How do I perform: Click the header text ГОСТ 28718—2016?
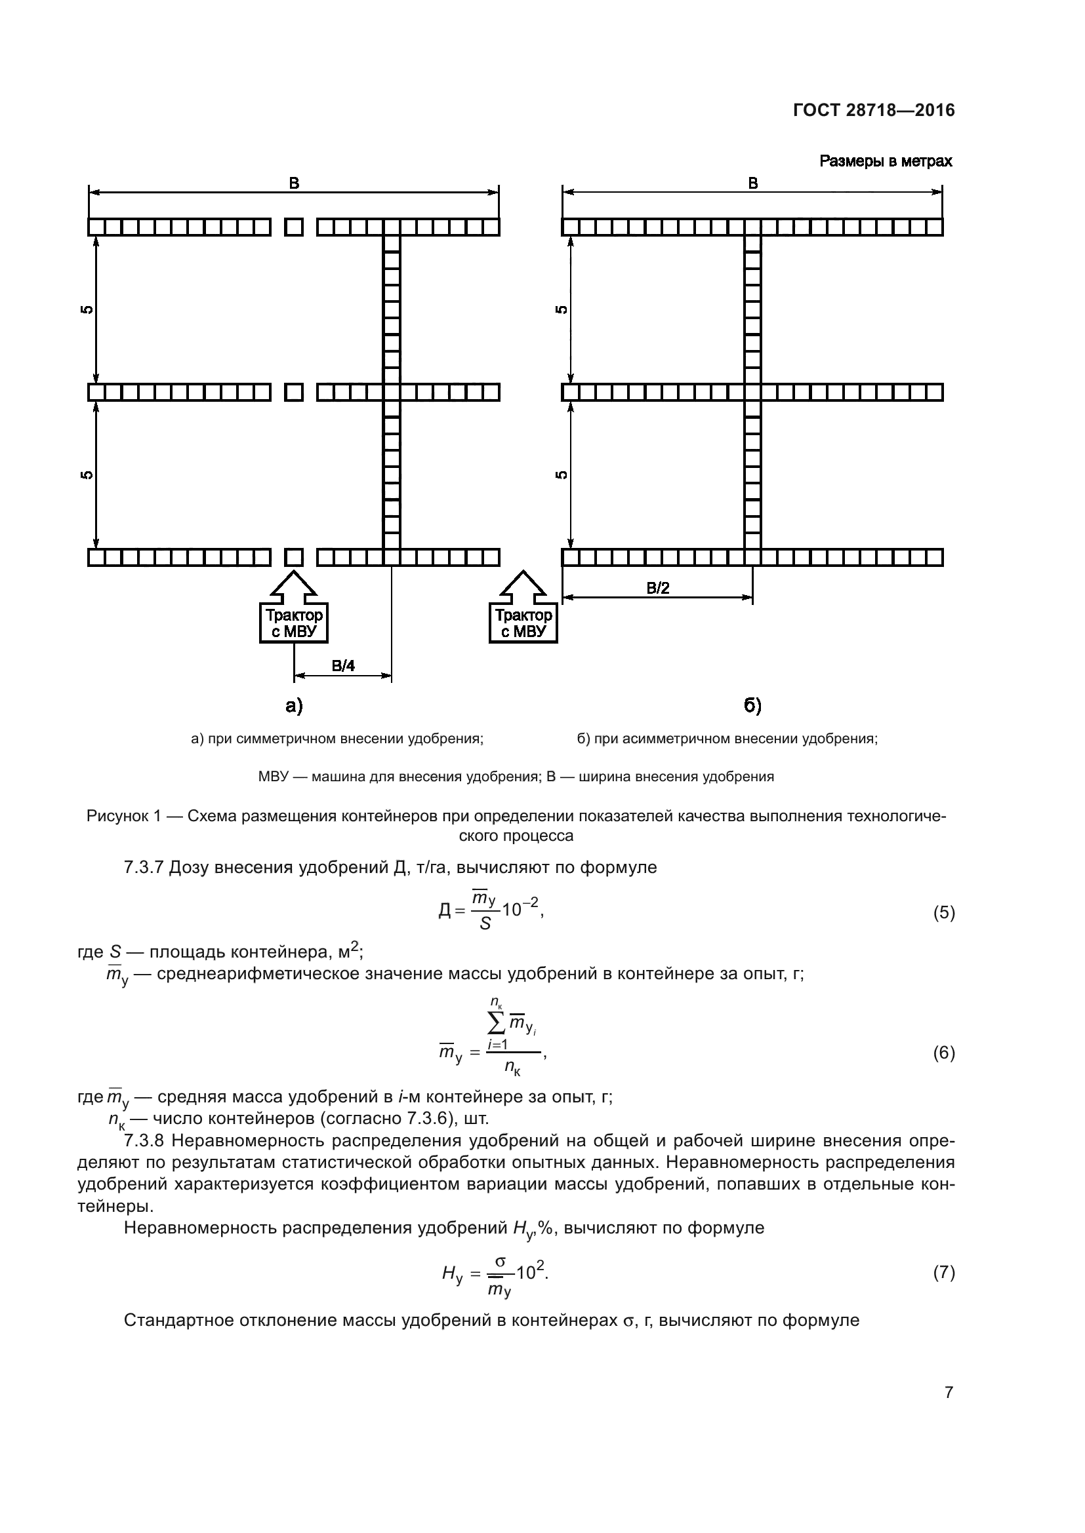[874, 111]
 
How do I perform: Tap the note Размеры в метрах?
[885, 162]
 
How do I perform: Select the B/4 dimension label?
[343, 666]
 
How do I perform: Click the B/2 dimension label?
[658, 587]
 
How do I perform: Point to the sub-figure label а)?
[294, 706]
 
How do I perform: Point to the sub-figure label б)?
[753, 706]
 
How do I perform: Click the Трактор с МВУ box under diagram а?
[294, 623]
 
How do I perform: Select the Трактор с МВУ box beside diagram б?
[523, 623]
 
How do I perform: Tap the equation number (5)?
[943, 913]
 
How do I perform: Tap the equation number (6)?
[943, 1053]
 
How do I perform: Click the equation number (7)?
[943, 1273]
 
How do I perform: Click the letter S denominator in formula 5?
[485, 925]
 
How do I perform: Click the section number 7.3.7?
[144, 867]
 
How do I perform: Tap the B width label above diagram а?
[294, 184]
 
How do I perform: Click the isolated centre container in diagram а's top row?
[294, 227]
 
